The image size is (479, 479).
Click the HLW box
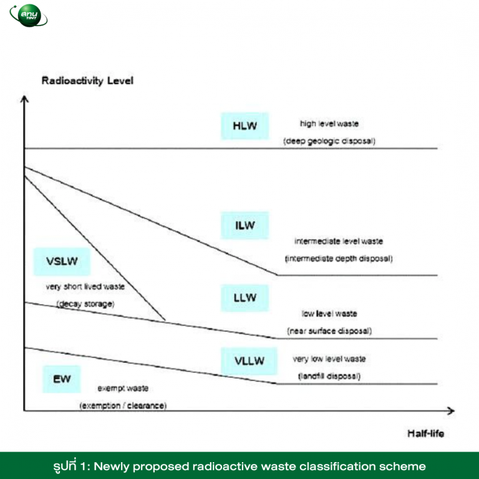coord(244,126)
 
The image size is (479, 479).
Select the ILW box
coord(244,225)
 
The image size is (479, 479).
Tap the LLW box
coord(244,298)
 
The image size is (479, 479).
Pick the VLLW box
coord(249,360)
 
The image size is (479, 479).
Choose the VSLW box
coord(62,261)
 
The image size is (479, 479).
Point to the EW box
coord(62,379)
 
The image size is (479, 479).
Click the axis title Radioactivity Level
coord(87,80)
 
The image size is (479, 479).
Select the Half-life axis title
coord(425,433)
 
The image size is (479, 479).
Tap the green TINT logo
coord(29,15)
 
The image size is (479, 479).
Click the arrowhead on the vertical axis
coord(24,99)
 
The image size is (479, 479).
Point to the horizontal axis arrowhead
coord(451,411)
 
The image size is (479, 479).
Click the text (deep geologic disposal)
coord(329,141)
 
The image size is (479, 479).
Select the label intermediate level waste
coord(339,241)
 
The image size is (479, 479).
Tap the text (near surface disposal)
coord(329,331)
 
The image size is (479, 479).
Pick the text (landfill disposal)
coord(329,376)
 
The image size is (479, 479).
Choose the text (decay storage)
coord(85,304)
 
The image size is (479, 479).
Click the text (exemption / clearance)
coord(123,405)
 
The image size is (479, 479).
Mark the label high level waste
coord(329,123)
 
